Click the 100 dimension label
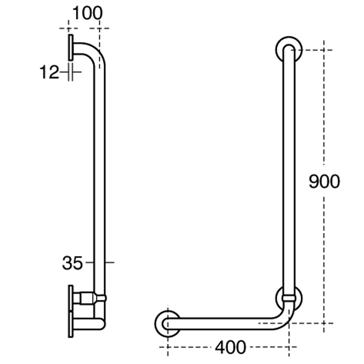click(87, 14)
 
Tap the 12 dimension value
click(49, 72)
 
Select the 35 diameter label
click(72, 263)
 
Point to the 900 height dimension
click(324, 182)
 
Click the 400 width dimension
click(231, 347)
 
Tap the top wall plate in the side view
click(71, 47)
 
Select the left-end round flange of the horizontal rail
click(167, 323)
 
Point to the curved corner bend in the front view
click(284, 320)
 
